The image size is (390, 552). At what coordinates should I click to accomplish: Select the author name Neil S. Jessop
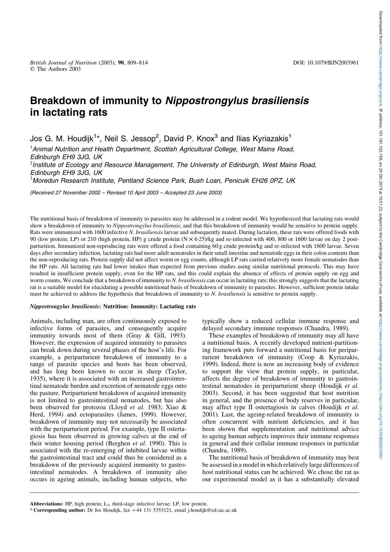(x=131, y=139)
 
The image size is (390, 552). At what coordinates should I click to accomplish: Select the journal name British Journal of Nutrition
(x=63, y=63)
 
